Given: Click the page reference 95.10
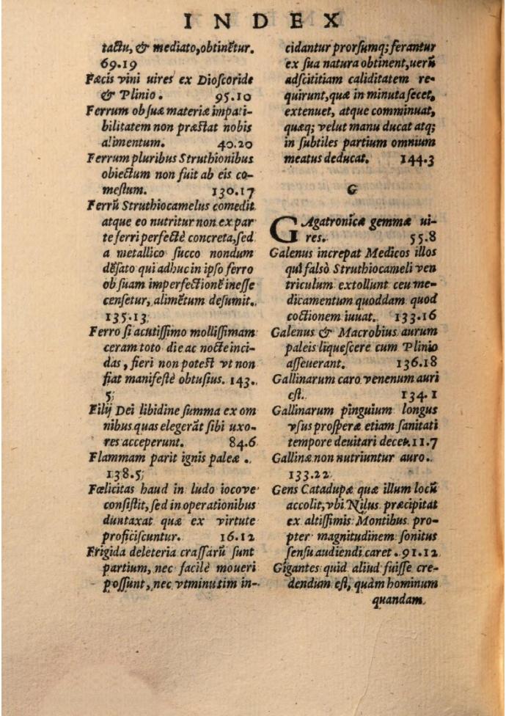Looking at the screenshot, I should [235, 95].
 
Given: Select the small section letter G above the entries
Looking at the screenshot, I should [353, 189].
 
